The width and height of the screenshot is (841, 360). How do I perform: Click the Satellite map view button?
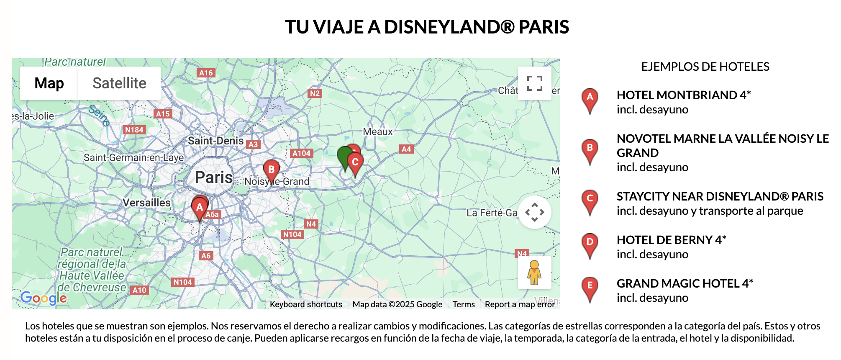pyautogui.click(x=119, y=83)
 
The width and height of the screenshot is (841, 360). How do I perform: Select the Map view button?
pyautogui.click(x=49, y=83)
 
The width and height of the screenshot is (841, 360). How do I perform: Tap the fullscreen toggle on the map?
pyautogui.click(x=534, y=83)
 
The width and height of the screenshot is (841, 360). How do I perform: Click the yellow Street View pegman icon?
pyautogui.click(x=534, y=273)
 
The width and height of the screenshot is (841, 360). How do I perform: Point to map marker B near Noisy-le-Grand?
pyautogui.click(x=271, y=170)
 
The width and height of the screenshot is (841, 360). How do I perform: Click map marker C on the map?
pyautogui.click(x=355, y=162)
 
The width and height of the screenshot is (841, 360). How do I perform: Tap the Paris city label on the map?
pyautogui.click(x=214, y=177)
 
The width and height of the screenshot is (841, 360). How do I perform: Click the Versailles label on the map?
pyautogui.click(x=146, y=203)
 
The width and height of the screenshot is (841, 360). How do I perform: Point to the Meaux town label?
pyautogui.click(x=378, y=132)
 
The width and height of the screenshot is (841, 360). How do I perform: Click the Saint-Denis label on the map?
pyautogui.click(x=215, y=141)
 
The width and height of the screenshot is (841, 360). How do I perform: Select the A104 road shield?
pyautogui.click(x=301, y=153)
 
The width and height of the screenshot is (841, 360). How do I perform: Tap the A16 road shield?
pyautogui.click(x=206, y=73)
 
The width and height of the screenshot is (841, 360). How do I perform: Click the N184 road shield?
pyautogui.click(x=134, y=130)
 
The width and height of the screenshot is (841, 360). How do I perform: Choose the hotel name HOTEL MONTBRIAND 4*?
pyautogui.click(x=684, y=95)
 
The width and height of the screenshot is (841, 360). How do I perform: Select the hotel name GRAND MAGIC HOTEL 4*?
pyautogui.click(x=685, y=283)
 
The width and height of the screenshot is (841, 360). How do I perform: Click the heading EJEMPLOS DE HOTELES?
pyautogui.click(x=705, y=67)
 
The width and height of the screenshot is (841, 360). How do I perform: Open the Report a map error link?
pyautogui.click(x=520, y=304)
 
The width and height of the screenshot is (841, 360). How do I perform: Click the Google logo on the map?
pyautogui.click(x=44, y=298)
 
